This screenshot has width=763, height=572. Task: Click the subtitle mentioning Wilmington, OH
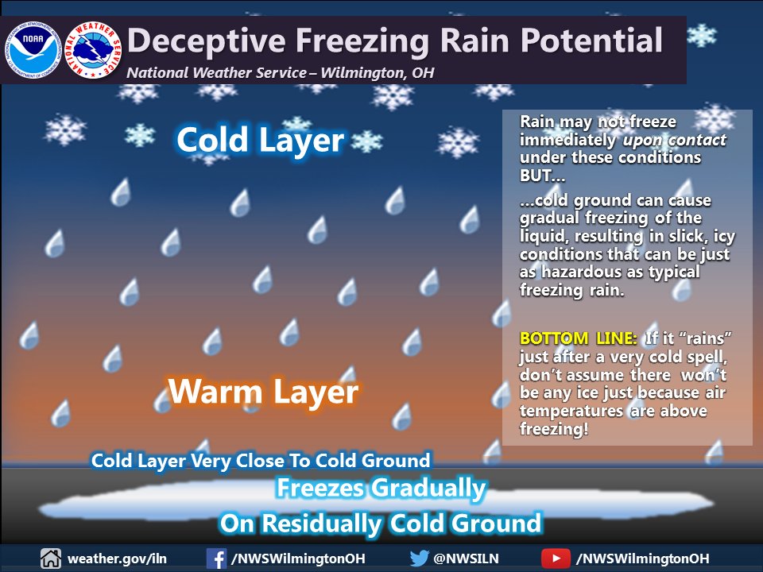[281, 73]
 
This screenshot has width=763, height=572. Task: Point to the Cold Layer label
[260, 141]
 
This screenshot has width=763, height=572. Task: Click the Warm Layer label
[263, 392]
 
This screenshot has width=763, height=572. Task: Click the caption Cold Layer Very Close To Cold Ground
[261, 460]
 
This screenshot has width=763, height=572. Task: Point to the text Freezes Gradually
[380, 489]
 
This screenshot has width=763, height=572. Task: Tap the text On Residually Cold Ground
[380, 524]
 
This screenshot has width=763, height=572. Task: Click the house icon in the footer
[51, 558]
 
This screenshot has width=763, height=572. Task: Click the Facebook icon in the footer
[216, 558]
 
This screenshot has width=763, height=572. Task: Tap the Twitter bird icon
[420, 558]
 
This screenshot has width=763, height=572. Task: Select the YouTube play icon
[556, 558]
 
